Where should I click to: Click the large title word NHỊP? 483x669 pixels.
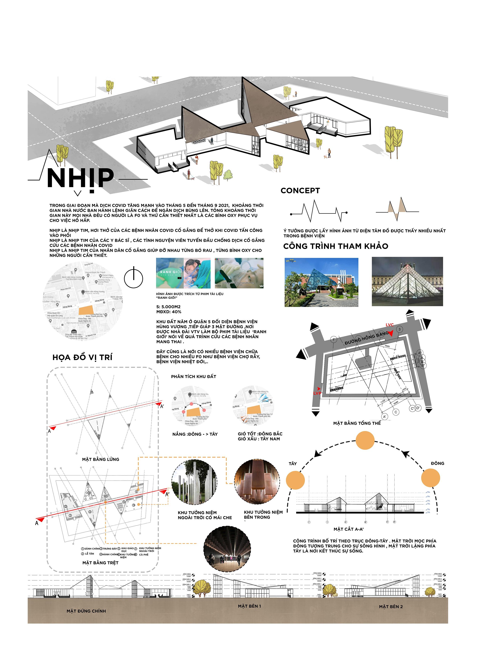(x=80, y=178)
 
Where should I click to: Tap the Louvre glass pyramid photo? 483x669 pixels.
(x=407, y=281)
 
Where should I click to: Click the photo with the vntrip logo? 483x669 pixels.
(x=321, y=282)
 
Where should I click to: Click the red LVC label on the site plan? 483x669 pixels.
(x=390, y=325)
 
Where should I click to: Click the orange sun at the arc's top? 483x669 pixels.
(x=365, y=440)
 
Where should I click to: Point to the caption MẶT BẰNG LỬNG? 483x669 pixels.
(x=100, y=459)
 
